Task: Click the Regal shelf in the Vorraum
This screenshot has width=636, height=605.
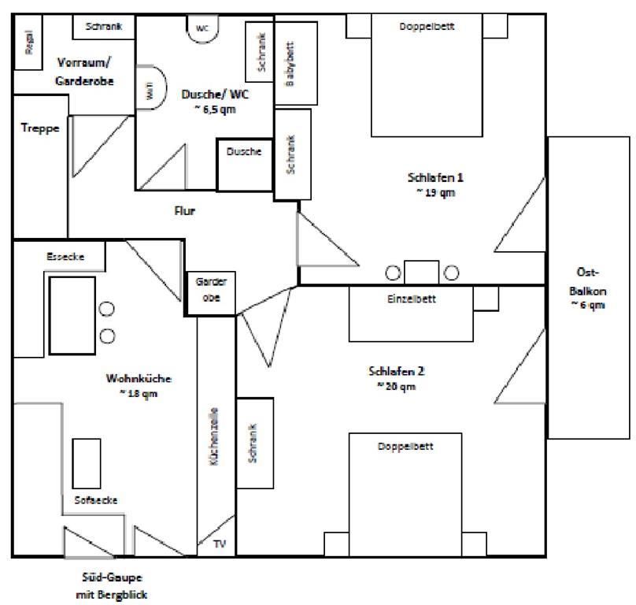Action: (28, 44)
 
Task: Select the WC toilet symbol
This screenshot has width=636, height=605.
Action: (202, 27)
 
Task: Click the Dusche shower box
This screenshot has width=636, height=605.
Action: (244, 152)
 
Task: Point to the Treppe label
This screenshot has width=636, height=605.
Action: (39, 128)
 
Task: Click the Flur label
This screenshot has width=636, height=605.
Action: (184, 210)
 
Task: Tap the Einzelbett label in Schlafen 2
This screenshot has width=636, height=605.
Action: (411, 299)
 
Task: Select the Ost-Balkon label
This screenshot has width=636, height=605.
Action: (588, 286)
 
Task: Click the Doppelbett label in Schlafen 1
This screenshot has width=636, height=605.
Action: (427, 26)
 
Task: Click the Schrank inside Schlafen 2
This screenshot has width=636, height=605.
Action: (254, 443)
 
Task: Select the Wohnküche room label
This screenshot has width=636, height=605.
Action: (138, 379)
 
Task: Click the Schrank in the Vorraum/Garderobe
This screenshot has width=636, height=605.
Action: (103, 26)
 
